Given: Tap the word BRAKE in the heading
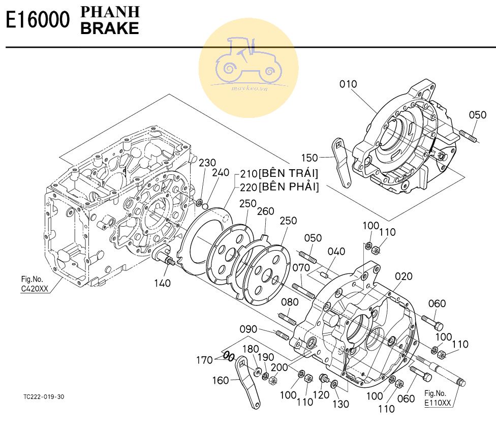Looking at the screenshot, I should pos(110,28).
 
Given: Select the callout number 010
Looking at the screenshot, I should pos(348,84).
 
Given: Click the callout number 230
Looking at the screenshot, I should pos(207,163).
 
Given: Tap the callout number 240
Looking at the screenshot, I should pos(221,173).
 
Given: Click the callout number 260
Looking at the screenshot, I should pos(265,211).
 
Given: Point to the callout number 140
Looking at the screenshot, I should pos(163,283).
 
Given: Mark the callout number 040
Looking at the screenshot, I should pos(336,252).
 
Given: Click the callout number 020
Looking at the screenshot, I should pos(404,276).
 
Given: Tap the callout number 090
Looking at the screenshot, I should pos(249,329).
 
